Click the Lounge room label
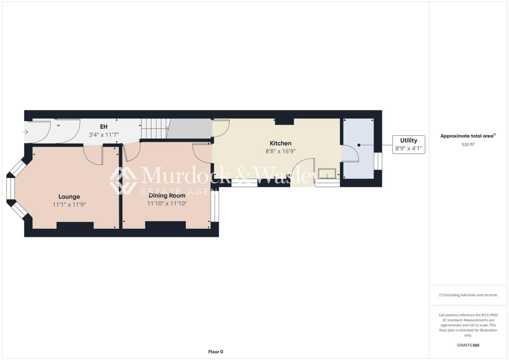click(x=69, y=196)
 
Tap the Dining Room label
click(x=167, y=195)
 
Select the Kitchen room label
click(x=280, y=143)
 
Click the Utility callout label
click(x=409, y=140)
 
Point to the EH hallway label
click(x=104, y=127)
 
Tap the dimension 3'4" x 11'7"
click(x=104, y=135)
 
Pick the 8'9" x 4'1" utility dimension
click(x=409, y=148)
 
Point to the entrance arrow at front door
click(x=26, y=132)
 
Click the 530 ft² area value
click(x=468, y=145)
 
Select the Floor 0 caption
click(x=215, y=352)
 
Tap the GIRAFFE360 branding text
click(x=468, y=345)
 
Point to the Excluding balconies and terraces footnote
click(x=468, y=295)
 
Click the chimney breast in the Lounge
click(x=75, y=226)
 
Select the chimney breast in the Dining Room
click(x=165, y=225)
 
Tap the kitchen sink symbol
click(x=327, y=174)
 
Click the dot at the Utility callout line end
click(x=359, y=145)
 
